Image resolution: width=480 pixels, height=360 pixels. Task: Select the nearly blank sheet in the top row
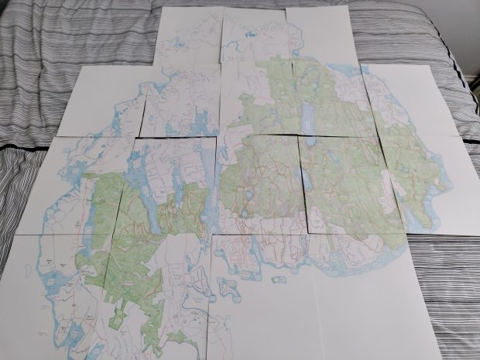(321, 35)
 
